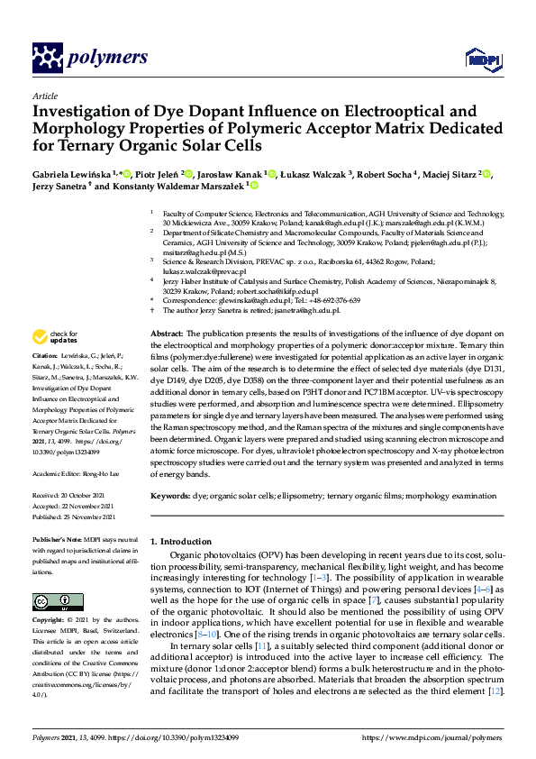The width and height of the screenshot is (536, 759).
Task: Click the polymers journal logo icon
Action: tap(46, 58)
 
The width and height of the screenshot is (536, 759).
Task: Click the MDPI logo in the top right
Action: tap(478, 59)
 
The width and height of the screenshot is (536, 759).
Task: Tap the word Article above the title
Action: tap(44, 96)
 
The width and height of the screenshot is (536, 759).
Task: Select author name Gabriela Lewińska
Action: tap(74, 173)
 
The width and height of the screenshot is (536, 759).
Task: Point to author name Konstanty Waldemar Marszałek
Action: tap(177, 186)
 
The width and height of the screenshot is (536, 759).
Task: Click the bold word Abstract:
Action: tap(167, 334)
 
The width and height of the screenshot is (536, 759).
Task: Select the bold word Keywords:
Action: tap(169, 496)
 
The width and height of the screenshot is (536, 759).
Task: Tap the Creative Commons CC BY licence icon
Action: tap(51, 602)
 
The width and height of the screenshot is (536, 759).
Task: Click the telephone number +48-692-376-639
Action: tap(332, 300)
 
